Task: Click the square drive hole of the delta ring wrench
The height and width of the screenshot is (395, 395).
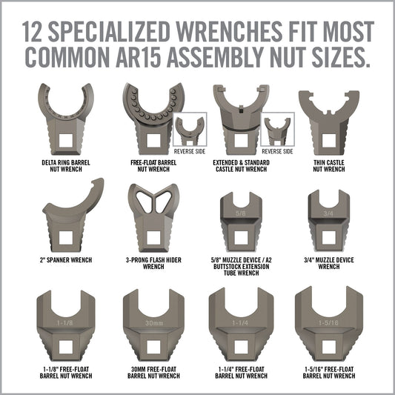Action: point(66,141)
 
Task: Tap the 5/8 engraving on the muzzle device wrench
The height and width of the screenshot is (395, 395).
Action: point(241,213)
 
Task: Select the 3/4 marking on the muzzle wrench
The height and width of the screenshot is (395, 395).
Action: point(328,213)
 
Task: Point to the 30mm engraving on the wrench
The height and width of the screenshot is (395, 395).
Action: point(154,323)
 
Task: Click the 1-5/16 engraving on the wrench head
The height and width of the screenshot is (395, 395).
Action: point(328,322)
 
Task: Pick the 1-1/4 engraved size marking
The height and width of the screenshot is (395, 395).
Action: point(240,322)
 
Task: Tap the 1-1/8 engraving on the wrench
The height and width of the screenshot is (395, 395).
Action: point(64,322)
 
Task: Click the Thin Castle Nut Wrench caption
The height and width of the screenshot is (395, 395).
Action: point(329,166)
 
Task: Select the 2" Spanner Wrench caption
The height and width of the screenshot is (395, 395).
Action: point(66,260)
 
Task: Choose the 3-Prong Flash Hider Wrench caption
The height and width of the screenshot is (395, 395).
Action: point(153,263)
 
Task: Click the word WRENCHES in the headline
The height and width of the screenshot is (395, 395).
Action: point(229,31)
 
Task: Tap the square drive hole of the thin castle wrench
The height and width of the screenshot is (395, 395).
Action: point(329,141)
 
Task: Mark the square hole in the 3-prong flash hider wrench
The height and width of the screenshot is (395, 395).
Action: point(153,238)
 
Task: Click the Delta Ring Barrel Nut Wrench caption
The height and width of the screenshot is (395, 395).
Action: point(66,166)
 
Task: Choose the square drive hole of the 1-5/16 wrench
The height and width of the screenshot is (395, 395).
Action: point(329,347)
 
